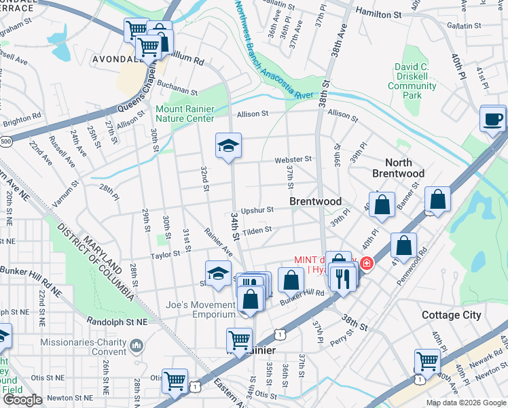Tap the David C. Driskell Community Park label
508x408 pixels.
(416, 82)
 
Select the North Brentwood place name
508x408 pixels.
(398, 168)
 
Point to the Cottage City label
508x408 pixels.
(451, 316)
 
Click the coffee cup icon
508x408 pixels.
(493, 120)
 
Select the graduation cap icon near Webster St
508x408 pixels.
(229, 145)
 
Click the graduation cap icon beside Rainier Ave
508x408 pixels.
(218, 273)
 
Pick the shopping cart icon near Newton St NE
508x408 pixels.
(175, 381)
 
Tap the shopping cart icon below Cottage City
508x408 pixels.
(427, 360)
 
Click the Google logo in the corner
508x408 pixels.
(23, 400)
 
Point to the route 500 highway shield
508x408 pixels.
(6, 141)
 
